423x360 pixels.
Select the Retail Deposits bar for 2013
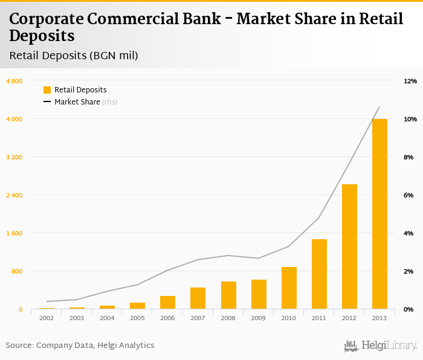[x=379, y=214]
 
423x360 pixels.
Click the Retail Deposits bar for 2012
[x=349, y=246]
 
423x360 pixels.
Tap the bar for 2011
[x=319, y=274]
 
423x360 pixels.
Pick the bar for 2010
[x=289, y=288]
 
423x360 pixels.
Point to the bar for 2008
[x=228, y=295]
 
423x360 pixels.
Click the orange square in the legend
[x=47, y=90]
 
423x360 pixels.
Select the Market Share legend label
[x=77, y=102]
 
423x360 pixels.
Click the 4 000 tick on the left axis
[x=15, y=119]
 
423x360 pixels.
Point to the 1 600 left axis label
[x=15, y=233]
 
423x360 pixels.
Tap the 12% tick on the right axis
[x=410, y=81]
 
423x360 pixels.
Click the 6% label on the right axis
[x=408, y=195]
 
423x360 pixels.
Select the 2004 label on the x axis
[x=107, y=318]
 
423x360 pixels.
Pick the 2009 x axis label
[x=259, y=318]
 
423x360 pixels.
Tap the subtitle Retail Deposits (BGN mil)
[x=74, y=56]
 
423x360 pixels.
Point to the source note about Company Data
[x=80, y=346]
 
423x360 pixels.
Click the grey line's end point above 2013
[x=379, y=107]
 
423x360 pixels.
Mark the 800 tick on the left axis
[x=16, y=271]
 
